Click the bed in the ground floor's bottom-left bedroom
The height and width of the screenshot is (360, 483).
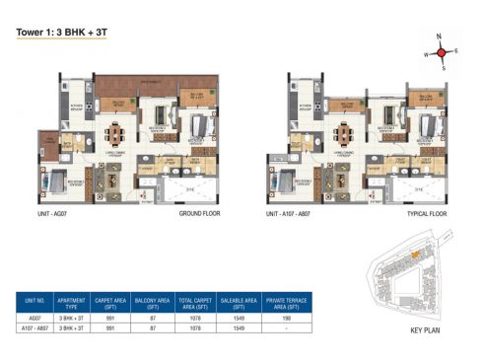point(58,180)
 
